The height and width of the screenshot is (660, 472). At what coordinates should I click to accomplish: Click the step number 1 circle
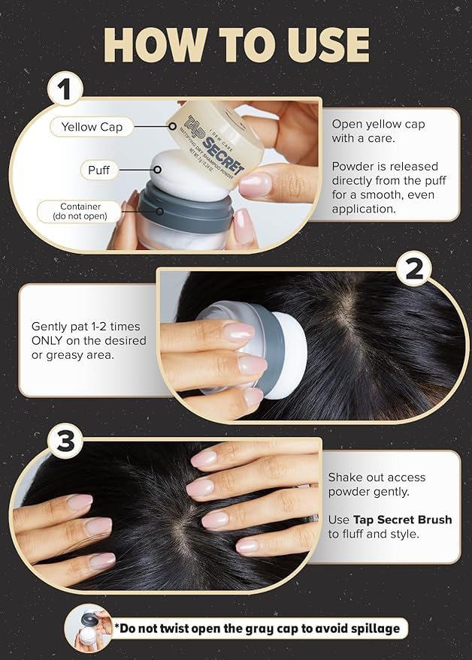coord(65,89)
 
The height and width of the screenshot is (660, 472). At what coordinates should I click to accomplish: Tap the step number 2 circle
coord(413,270)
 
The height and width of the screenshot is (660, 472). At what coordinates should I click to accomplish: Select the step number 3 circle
coord(65,441)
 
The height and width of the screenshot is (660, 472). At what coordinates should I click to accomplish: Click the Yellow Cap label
coord(92,127)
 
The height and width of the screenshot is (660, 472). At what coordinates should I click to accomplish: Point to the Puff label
coord(99,170)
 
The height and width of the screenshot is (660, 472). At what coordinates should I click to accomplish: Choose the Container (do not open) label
coord(80,211)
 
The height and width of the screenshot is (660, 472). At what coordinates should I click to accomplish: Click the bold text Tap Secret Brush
coord(402,520)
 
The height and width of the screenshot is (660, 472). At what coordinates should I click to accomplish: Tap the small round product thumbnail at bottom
coord(89,628)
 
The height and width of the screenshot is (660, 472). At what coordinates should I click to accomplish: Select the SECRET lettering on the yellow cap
coord(224,155)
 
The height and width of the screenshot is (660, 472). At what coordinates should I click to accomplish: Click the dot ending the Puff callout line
coord(157,170)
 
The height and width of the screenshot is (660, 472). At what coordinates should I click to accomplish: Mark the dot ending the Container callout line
coord(160,211)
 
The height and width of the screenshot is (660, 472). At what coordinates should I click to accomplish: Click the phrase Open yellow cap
coord(378,125)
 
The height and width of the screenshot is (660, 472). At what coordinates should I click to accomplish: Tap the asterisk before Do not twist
coord(116,626)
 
